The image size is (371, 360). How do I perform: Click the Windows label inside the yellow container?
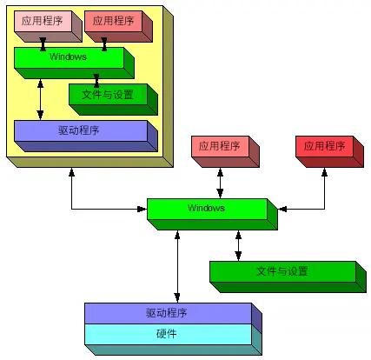pos(68,57)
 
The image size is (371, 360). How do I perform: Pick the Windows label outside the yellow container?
pos(206,208)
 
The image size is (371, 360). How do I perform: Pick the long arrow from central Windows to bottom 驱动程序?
pos(177,266)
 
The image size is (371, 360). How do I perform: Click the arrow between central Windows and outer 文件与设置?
pos(238,246)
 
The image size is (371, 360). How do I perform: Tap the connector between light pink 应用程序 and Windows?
pos(43,44)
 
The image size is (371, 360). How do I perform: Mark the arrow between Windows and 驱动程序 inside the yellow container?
pos(40,99)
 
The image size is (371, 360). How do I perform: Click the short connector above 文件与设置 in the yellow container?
pos(96,81)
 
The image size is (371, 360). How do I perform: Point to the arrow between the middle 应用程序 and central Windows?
pos(220,183)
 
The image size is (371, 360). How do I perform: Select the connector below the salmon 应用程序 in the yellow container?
pos(104,44)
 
